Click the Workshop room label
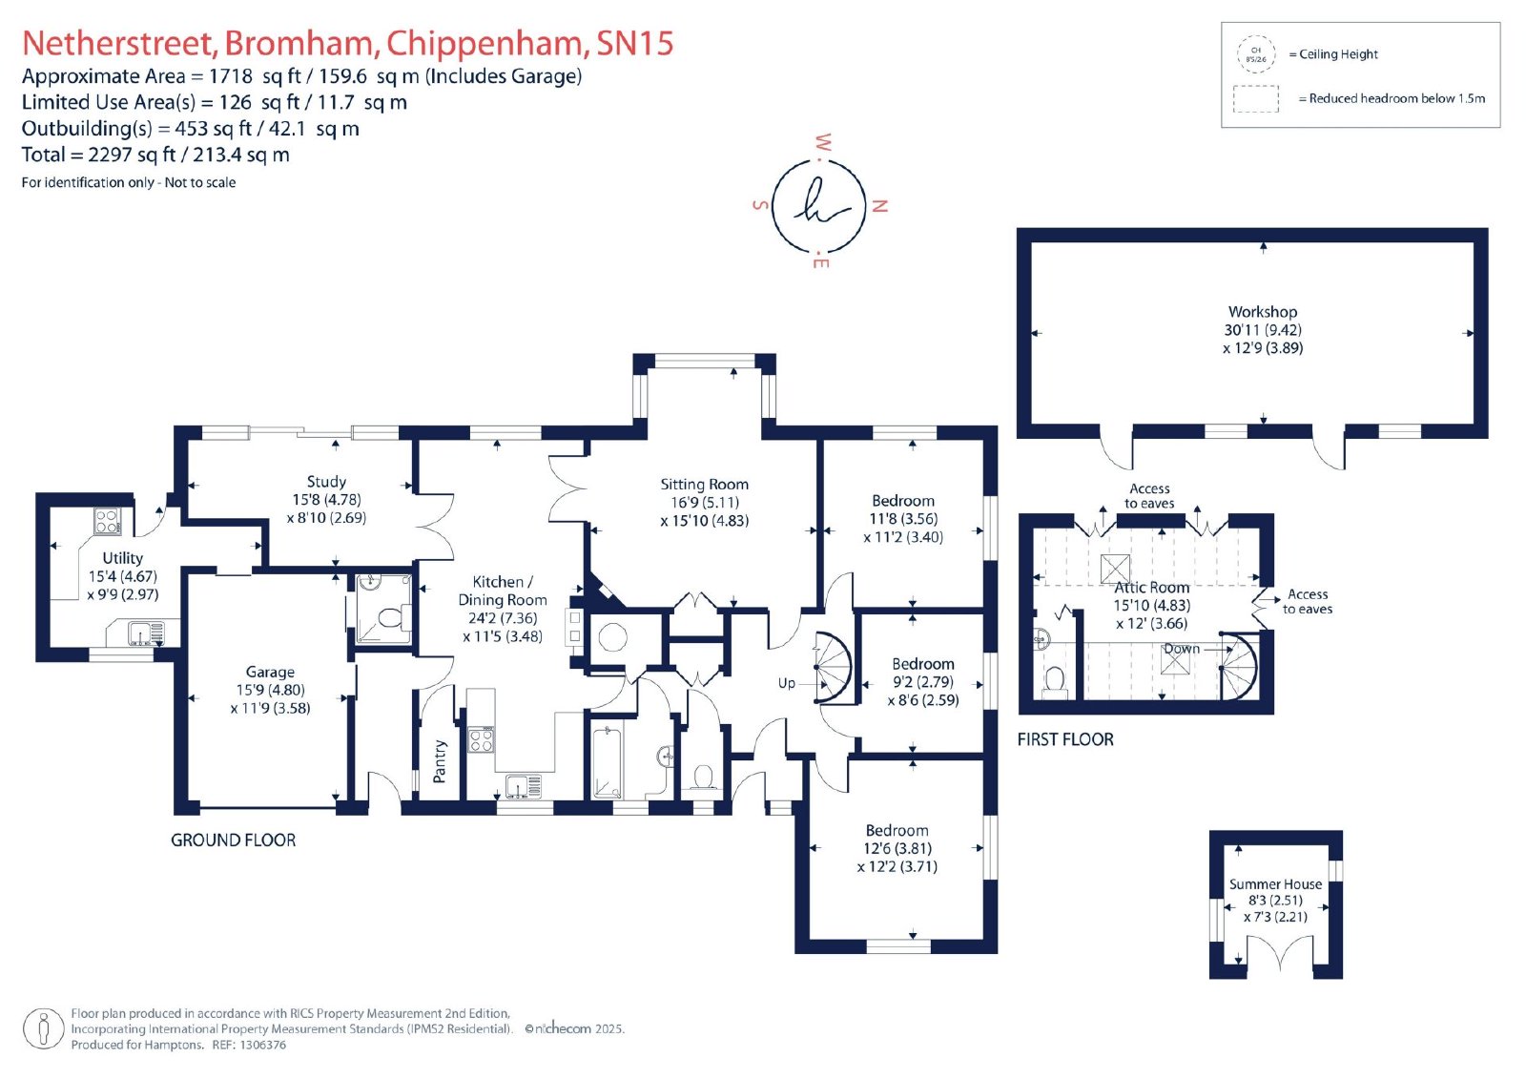point(1263,312)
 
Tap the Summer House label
point(1275,884)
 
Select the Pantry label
point(440,761)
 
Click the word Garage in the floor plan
point(271,672)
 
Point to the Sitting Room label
point(705,484)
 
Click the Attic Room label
point(1152,588)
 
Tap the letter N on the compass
point(879,206)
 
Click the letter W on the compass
point(823,142)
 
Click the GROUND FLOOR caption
point(233,840)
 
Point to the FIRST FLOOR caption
point(1065,739)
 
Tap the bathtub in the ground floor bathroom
point(607,762)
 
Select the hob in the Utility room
point(108,522)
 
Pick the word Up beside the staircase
point(787,683)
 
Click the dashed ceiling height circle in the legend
point(1255,54)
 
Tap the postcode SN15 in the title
point(635,43)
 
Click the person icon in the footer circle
point(44,1028)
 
